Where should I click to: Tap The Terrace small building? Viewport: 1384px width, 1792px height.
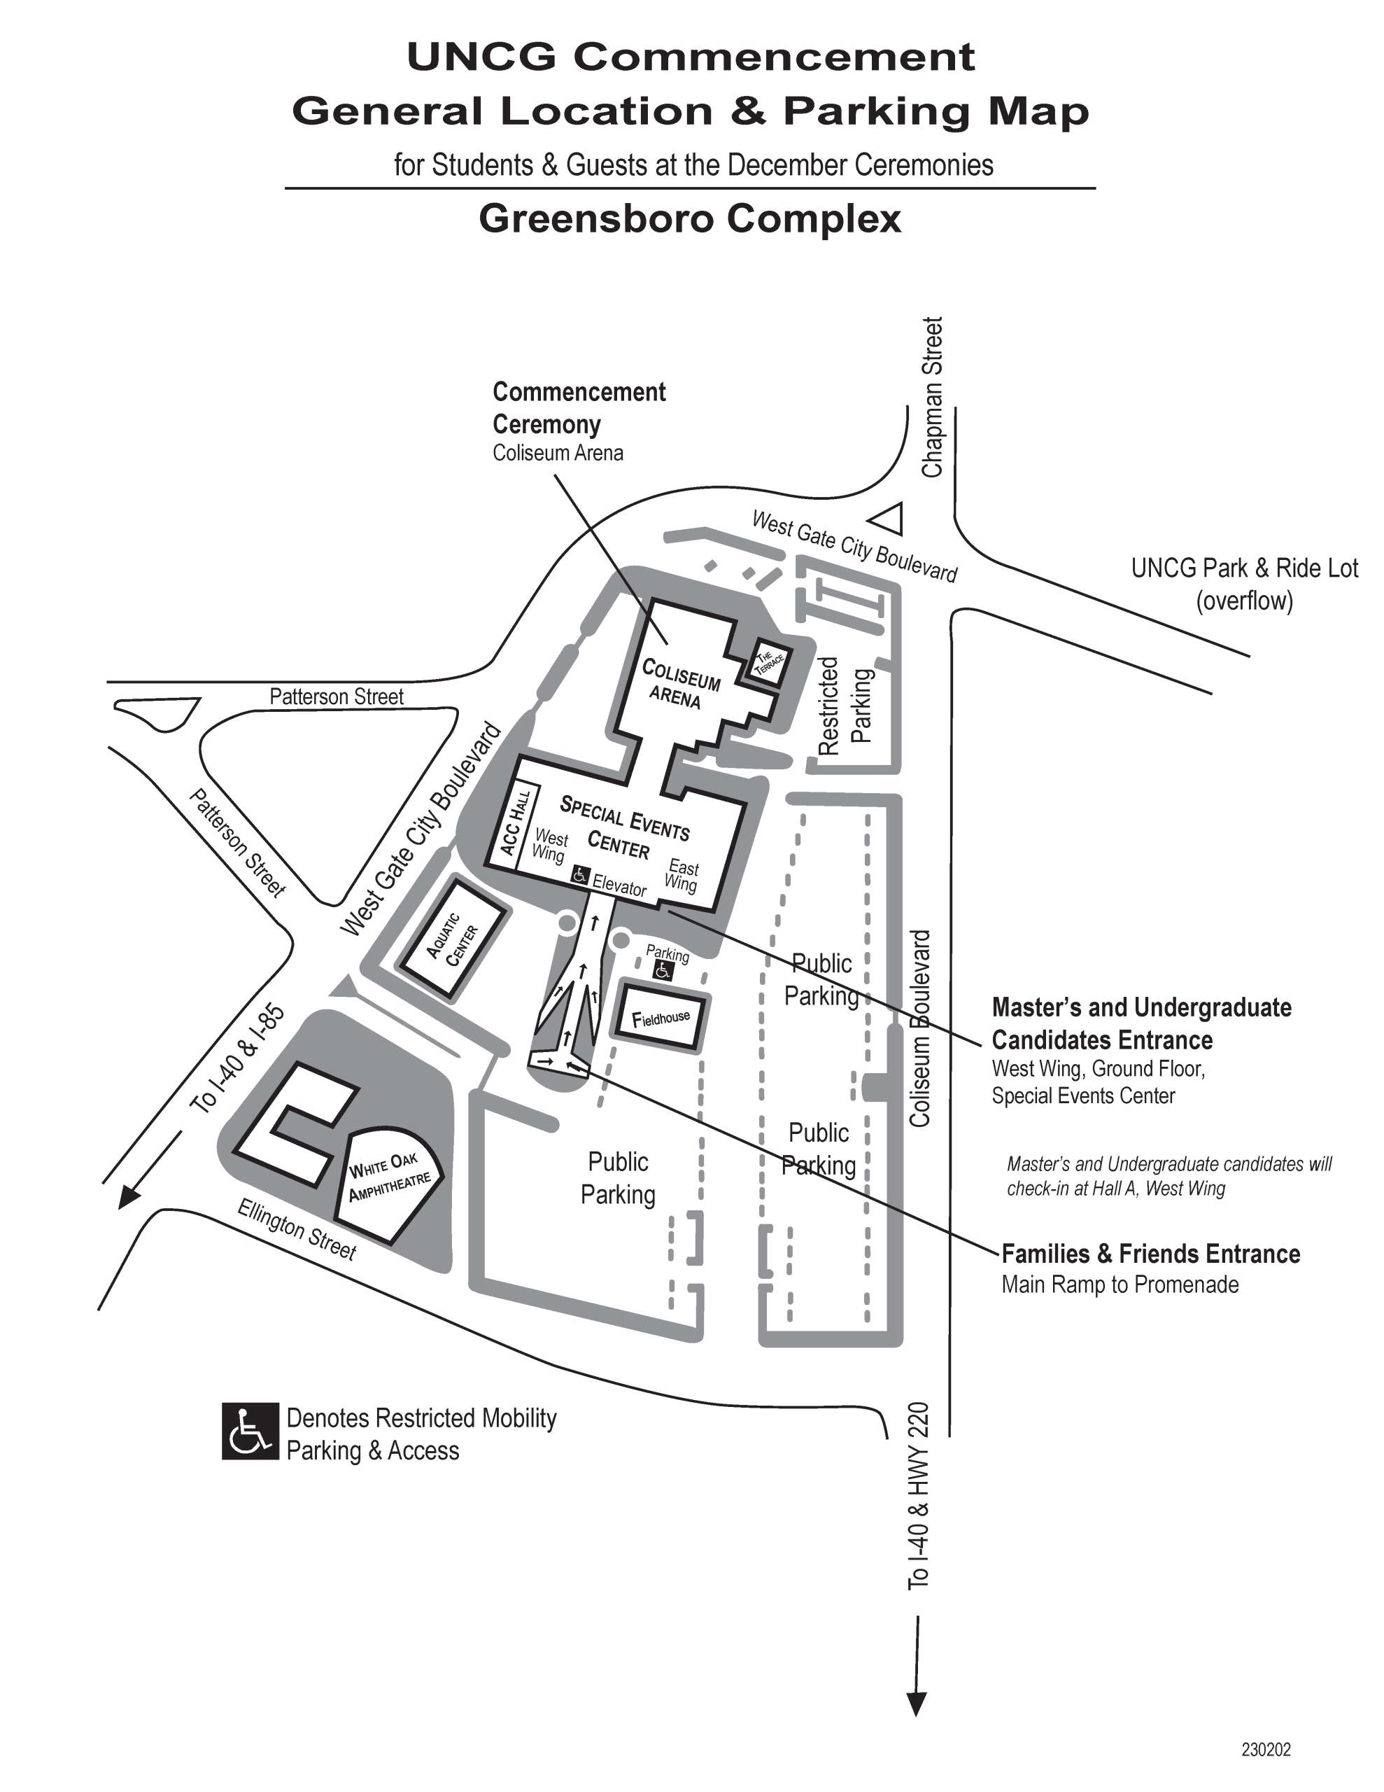point(770,661)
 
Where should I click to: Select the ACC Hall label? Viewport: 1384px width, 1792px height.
point(515,823)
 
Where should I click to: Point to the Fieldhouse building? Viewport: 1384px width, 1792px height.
point(661,1018)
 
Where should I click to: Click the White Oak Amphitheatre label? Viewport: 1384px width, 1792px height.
point(389,1176)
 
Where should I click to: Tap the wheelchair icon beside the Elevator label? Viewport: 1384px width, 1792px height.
point(580,875)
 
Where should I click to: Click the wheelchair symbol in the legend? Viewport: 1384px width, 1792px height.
point(250,1431)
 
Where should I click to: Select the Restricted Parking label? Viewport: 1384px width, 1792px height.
point(845,706)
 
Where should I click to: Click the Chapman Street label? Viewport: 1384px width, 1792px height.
point(932,397)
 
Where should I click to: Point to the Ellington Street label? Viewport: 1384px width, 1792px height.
point(296,1229)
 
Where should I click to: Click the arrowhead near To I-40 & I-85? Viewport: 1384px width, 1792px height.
point(128,1197)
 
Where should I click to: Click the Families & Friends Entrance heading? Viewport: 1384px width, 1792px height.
point(1150,1254)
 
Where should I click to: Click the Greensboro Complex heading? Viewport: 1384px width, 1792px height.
point(690,219)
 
